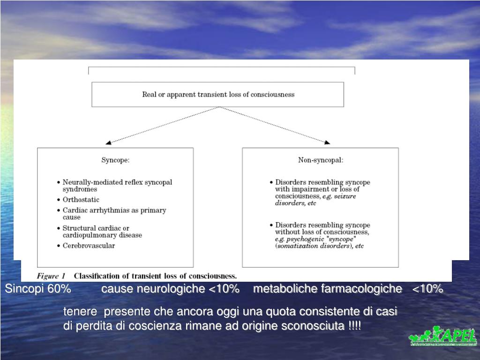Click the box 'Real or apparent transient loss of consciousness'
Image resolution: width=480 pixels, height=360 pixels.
[218, 94]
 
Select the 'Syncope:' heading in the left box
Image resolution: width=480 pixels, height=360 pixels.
[115, 160]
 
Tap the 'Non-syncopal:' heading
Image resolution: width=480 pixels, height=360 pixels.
[321, 160]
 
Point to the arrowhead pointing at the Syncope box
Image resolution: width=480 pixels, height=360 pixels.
[108, 142]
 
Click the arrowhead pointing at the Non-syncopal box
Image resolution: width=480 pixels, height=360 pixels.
[327, 142]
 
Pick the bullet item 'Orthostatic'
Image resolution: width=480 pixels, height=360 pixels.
[81, 200]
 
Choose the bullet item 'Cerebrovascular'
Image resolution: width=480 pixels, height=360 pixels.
[89, 245]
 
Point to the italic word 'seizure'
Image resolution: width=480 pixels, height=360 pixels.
[345, 196]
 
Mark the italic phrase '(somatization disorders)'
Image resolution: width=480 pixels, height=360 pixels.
[314, 246]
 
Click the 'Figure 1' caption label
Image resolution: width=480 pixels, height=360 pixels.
[51, 276]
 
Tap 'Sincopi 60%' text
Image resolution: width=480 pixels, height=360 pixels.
[38, 289]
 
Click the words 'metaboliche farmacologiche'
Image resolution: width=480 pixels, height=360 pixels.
[327, 289]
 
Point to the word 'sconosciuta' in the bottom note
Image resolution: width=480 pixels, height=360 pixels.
[318, 326]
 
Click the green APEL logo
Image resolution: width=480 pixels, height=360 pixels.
[443, 337]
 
